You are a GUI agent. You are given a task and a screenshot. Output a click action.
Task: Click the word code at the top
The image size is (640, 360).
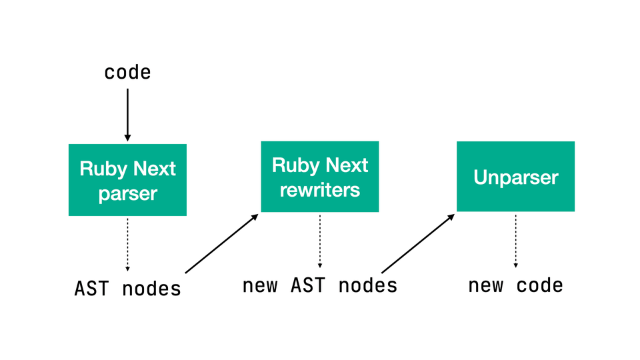click(127, 72)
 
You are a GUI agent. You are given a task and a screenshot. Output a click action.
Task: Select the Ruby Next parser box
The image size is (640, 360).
click(127, 180)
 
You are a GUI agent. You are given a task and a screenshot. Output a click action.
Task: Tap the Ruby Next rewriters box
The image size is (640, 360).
click(319, 177)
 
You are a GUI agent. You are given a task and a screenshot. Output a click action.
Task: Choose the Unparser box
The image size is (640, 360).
click(515, 177)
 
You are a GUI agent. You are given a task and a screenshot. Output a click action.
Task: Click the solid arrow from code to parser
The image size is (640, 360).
click(127, 113)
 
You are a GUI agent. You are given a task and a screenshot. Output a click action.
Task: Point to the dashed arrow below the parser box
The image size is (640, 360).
click(127, 245)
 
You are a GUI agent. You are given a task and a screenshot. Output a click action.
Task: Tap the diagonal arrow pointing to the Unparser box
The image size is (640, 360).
click(418, 243)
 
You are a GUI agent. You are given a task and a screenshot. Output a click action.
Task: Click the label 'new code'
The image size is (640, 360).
click(515, 285)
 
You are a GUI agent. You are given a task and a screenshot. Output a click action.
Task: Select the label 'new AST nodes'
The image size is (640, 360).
click(319, 285)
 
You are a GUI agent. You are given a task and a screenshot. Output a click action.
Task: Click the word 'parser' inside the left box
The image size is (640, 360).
click(127, 194)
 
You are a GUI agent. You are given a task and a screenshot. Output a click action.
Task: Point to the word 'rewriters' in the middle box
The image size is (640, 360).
click(319, 190)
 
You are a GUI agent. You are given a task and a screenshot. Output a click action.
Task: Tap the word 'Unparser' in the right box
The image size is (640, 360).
click(515, 177)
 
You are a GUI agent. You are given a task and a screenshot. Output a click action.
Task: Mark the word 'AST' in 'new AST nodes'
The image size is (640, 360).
click(308, 285)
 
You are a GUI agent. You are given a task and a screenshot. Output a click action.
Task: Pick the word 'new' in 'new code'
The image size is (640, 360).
click(485, 285)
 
